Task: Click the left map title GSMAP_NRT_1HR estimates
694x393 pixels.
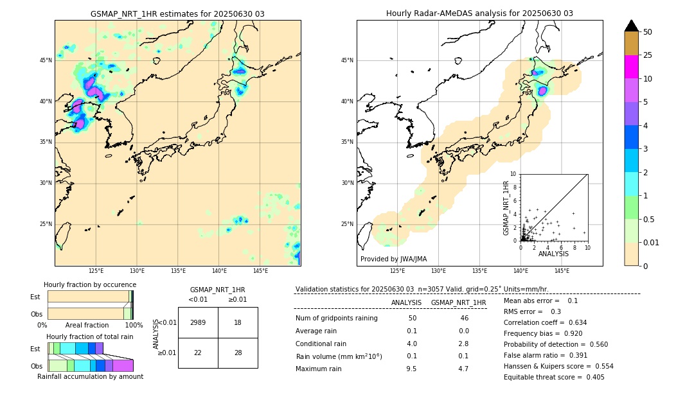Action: pos(177,13)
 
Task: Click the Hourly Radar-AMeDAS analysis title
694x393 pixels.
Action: pos(479,13)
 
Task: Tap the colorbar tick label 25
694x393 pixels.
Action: pos(648,55)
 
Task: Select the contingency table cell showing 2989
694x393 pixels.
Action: pos(198,322)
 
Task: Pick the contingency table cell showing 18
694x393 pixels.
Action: pos(238,322)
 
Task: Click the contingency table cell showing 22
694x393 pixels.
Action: pos(198,353)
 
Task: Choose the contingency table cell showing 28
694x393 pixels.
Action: pos(238,353)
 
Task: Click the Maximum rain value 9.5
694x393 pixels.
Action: pos(412,369)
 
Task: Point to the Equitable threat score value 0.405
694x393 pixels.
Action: pos(591,377)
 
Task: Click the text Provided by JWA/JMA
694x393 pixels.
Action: pos(393,259)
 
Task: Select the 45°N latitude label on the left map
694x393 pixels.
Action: pos(46,60)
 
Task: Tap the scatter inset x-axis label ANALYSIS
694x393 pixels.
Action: pos(553,254)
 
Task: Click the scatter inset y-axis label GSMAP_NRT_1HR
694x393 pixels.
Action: pos(506,207)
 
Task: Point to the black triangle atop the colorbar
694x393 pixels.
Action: pos(632,26)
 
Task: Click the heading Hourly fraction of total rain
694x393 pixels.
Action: pos(90,336)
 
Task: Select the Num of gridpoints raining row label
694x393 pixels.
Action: pos(337,319)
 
